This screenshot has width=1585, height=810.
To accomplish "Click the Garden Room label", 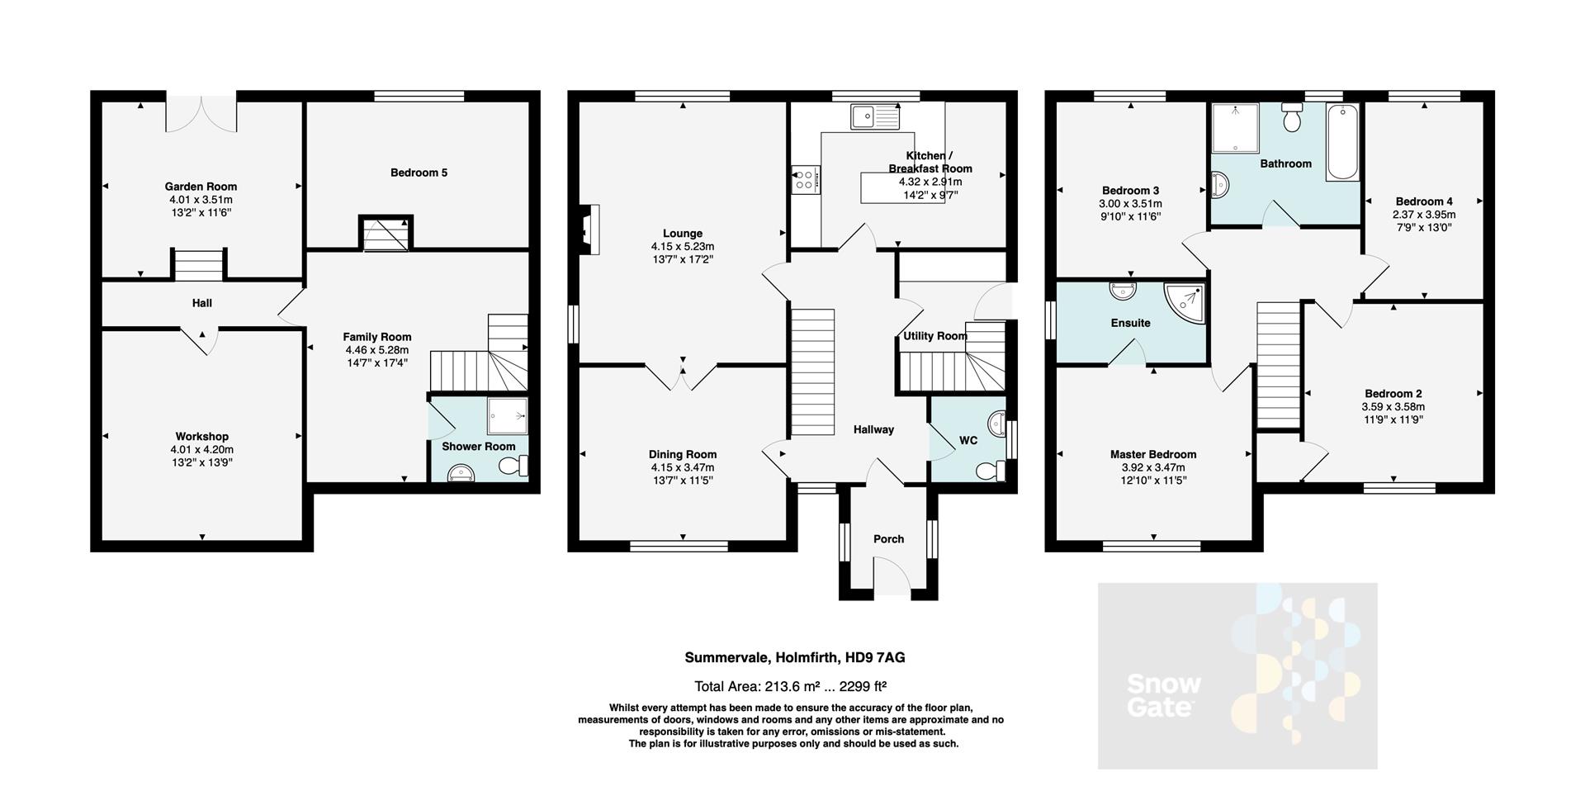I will pyautogui.click(x=201, y=187).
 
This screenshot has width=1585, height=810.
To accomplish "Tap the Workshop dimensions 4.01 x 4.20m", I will pyautogui.click(x=201, y=450).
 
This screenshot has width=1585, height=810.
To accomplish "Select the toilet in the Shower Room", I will pyautogui.click(x=514, y=467).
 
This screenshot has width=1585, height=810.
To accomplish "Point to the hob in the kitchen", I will pyautogui.click(x=805, y=180).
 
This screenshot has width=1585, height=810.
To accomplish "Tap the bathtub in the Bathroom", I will pyautogui.click(x=1342, y=142).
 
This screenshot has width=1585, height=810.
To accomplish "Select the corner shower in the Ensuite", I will pyautogui.click(x=1184, y=301).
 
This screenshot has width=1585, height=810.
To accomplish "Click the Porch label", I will pyautogui.click(x=888, y=539).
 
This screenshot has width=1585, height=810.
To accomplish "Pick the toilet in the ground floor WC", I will pyautogui.click(x=990, y=471).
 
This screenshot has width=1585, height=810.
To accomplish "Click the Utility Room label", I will pyautogui.click(x=934, y=336).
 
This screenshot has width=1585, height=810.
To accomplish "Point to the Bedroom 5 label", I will pyautogui.click(x=419, y=173).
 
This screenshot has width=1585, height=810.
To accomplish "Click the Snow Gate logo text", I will pyautogui.click(x=1163, y=695).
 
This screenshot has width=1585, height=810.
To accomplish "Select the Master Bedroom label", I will pyautogui.click(x=1152, y=454).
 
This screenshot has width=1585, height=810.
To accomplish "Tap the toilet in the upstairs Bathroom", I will pyautogui.click(x=1293, y=120).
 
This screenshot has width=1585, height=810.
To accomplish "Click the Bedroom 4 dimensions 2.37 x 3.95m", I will pyautogui.click(x=1424, y=215).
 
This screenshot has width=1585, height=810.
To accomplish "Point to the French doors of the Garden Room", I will pyautogui.click(x=201, y=114).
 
